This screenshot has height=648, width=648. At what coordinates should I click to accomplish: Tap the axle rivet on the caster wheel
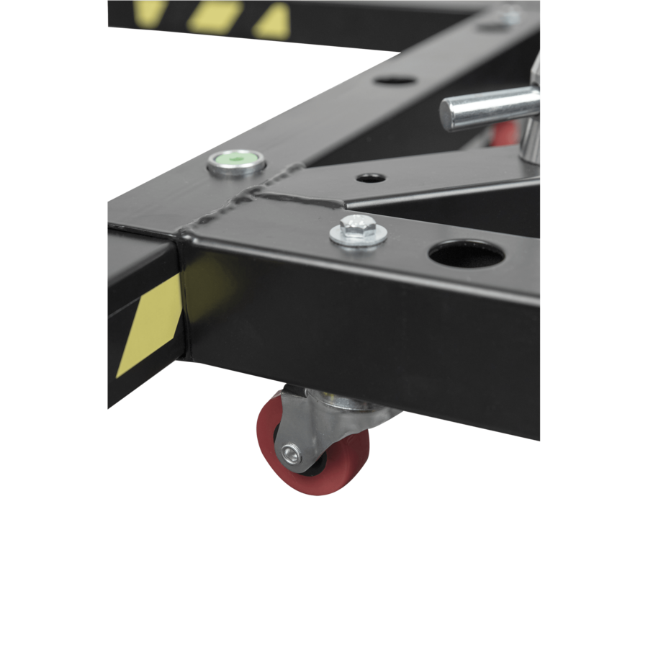[291, 453]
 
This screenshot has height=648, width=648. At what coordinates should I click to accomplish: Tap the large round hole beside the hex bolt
[467, 254]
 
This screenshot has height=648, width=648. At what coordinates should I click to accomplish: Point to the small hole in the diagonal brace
[369, 176]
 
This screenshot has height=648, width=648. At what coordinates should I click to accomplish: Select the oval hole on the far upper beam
[395, 81]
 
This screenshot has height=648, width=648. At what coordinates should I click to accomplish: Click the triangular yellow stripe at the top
[271, 22]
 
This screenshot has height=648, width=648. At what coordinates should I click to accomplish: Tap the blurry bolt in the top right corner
[510, 12]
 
